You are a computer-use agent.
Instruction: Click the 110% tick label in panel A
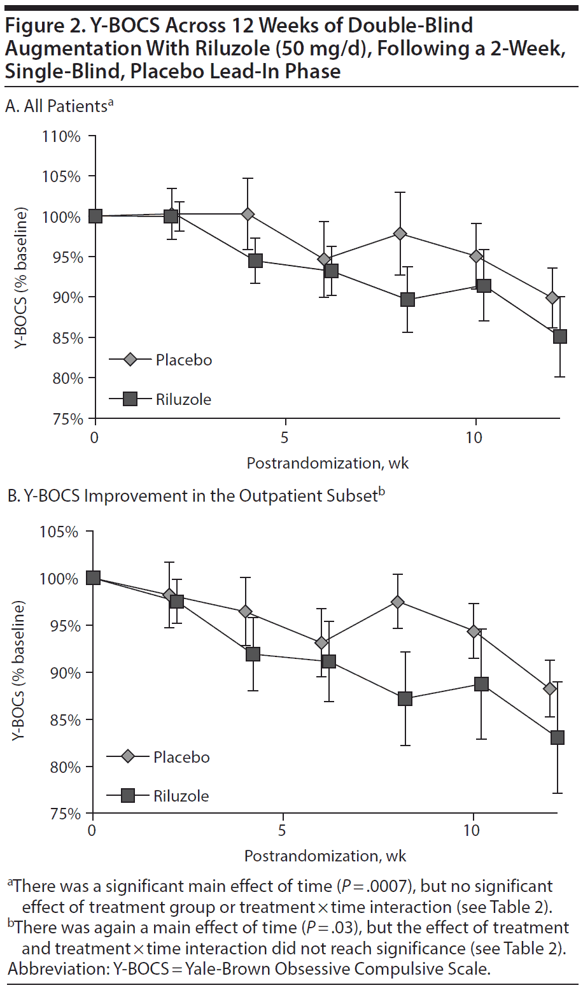61,136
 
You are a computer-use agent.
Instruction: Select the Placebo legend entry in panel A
160,360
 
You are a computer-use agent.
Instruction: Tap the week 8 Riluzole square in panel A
407,299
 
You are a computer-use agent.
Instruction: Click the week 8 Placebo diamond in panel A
400,234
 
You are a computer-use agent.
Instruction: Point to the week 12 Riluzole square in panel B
557,737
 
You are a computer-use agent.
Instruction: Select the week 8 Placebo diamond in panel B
398,602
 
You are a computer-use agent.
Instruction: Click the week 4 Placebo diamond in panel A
248,214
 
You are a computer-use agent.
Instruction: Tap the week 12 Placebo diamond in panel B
550,689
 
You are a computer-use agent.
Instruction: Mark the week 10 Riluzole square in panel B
481,684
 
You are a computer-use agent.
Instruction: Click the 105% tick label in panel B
59,532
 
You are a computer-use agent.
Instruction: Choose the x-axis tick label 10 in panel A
474,437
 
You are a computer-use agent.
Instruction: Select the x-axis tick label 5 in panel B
281,830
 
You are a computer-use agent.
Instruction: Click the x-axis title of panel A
327,463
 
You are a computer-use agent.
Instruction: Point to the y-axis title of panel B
18,671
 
